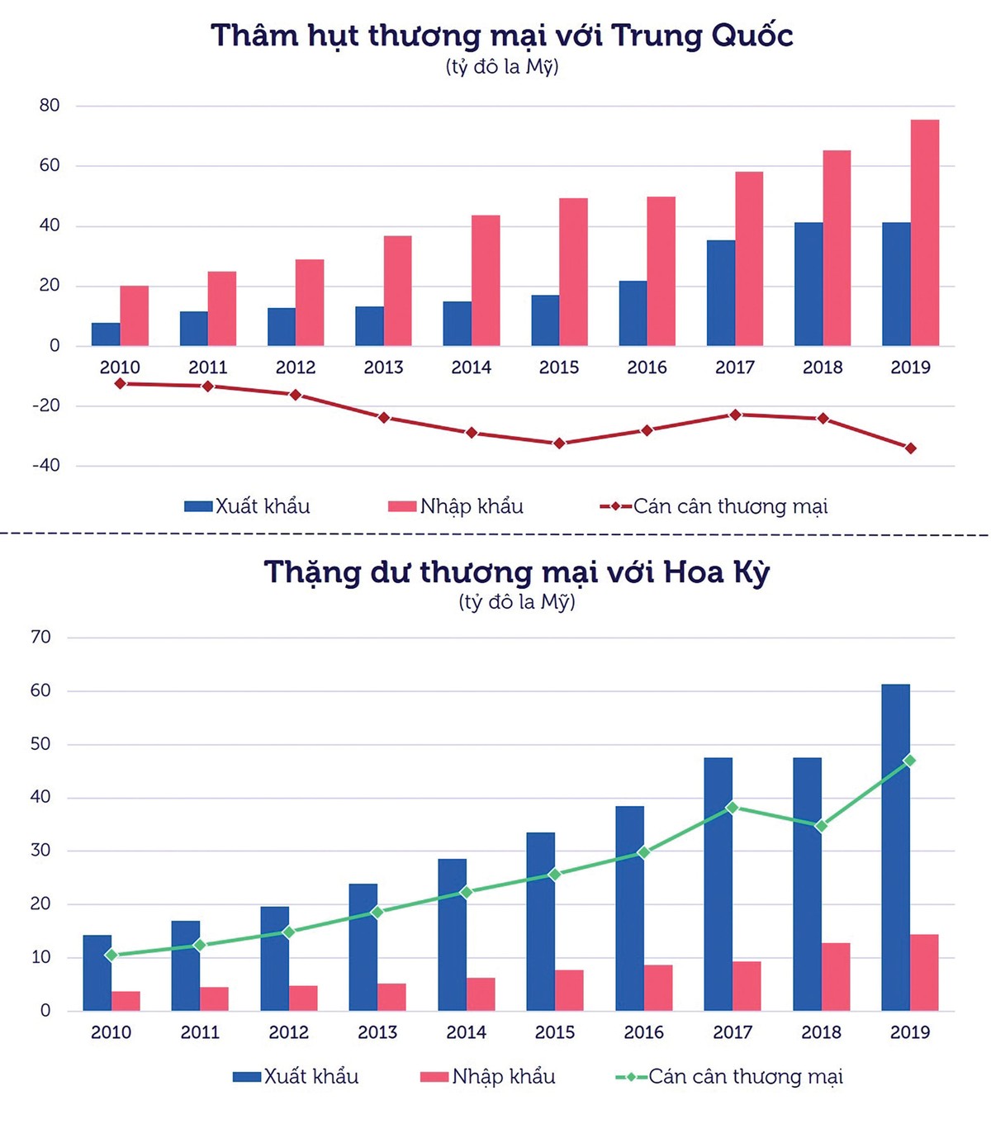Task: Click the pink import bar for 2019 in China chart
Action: pyautogui.click(x=925, y=233)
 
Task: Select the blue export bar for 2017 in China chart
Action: pyautogui.click(x=720, y=293)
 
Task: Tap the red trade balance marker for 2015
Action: pyautogui.click(x=559, y=443)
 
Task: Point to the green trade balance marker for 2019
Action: pyautogui.click(x=909, y=761)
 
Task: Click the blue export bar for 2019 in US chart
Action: pyautogui.click(x=895, y=847)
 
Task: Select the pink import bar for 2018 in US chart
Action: pyautogui.click(x=836, y=977)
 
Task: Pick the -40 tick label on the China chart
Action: pyautogui.click(x=46, y=466)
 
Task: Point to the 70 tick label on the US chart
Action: pyautogui.click(x=40, y=638)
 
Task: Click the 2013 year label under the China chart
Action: pyautogui.click(x=383, y=368)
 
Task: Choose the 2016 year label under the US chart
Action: pyautogui.click(x=643, y=1032)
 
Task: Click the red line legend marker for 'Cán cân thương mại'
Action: pyautogui.click(x=615, y=506)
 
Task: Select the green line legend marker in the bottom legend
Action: pyautogui.click(x=631, y=1077)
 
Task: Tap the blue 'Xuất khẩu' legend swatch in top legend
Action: pyautogui.click(x=198, y=506)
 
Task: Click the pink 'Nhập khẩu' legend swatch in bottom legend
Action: pyautogui.click(x=434, y=1077)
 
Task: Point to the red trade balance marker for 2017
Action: pyautogui.click(x=735, y=415)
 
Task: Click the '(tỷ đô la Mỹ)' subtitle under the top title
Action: pyautogui.click(x=502, y=67)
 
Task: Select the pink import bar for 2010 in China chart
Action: pyautogui.click(x=134, y=316)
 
